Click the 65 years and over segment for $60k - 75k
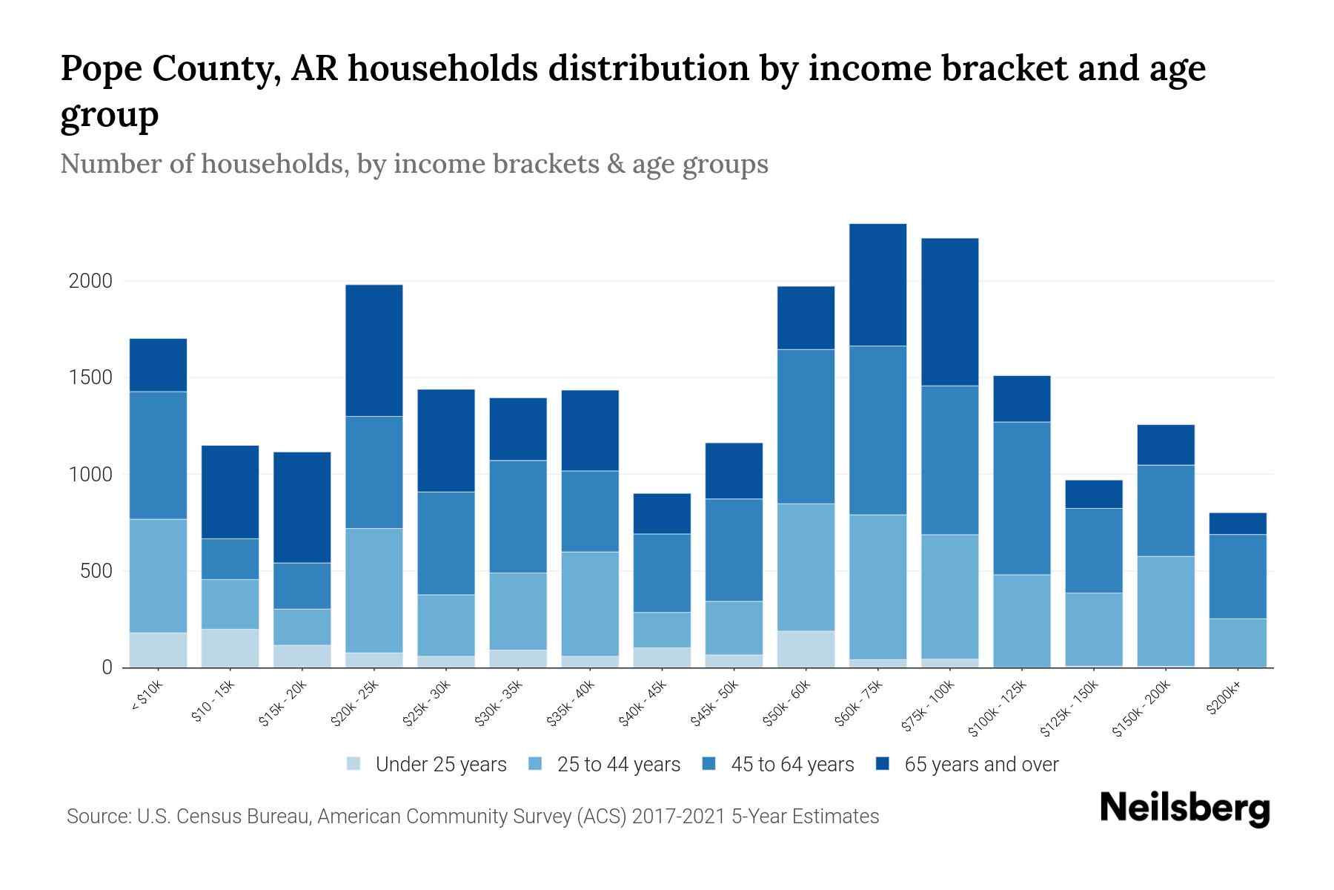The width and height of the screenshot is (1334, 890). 877,285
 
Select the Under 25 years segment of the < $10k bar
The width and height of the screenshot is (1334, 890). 158,650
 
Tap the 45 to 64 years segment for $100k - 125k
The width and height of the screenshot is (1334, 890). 1022,498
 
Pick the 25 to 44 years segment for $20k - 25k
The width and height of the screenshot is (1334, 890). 374,590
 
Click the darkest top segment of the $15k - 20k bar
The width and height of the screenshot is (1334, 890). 302,507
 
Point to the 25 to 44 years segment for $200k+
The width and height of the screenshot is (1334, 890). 1238,642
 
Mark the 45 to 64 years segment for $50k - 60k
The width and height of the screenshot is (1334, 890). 806,426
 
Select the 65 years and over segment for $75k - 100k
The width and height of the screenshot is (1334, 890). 949,311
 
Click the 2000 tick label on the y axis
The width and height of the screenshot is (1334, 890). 90,282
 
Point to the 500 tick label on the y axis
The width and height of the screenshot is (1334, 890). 96,571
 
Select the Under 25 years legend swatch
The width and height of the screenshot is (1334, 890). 354,764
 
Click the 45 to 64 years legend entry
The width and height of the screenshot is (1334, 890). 792,765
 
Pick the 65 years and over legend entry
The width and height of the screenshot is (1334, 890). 980,765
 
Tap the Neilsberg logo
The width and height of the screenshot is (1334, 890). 1184,808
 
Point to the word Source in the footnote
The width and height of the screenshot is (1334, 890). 97,817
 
